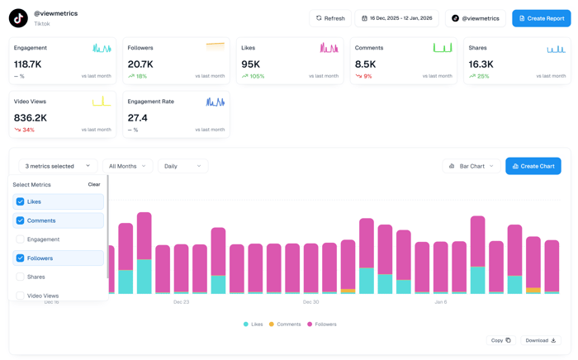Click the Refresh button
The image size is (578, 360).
329,18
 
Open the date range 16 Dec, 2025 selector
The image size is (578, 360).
396,18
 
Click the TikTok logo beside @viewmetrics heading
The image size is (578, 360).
18,18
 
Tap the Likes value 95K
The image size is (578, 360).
251,64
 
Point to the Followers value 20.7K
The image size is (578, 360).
140,64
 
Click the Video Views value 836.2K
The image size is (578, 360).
31,117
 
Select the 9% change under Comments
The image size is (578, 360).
367,76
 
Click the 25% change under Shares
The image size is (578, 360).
482,76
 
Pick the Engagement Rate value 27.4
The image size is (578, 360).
137,117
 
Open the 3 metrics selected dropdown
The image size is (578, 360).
58,166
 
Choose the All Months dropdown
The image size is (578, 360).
127,166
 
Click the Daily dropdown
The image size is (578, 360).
182,166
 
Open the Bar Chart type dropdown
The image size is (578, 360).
471,166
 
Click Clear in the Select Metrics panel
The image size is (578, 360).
94,185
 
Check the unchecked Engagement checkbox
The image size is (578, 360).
21,239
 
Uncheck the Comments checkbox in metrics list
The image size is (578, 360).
21,220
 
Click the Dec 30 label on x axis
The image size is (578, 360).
310,302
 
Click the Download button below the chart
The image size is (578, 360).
541,340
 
